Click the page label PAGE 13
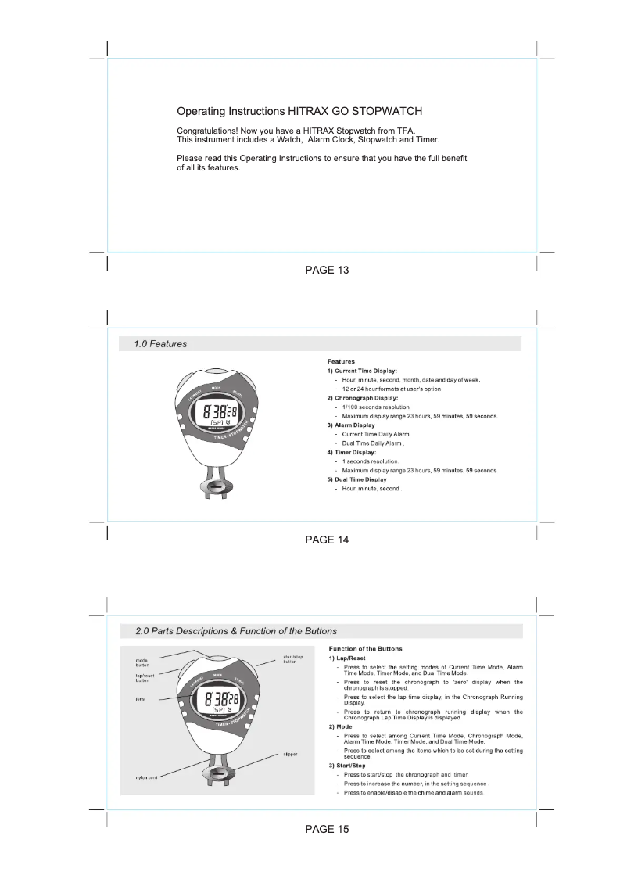coord(327,270)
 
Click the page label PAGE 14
coord(327,540)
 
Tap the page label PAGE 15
coord(327,830)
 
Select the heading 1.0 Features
coord(160,343)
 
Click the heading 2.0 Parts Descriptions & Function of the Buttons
coord(236,631)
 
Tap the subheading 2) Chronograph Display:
coord(362,398)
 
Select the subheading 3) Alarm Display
coord(350,425)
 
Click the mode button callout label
coord(137,662)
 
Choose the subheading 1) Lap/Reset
coord(347,658)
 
